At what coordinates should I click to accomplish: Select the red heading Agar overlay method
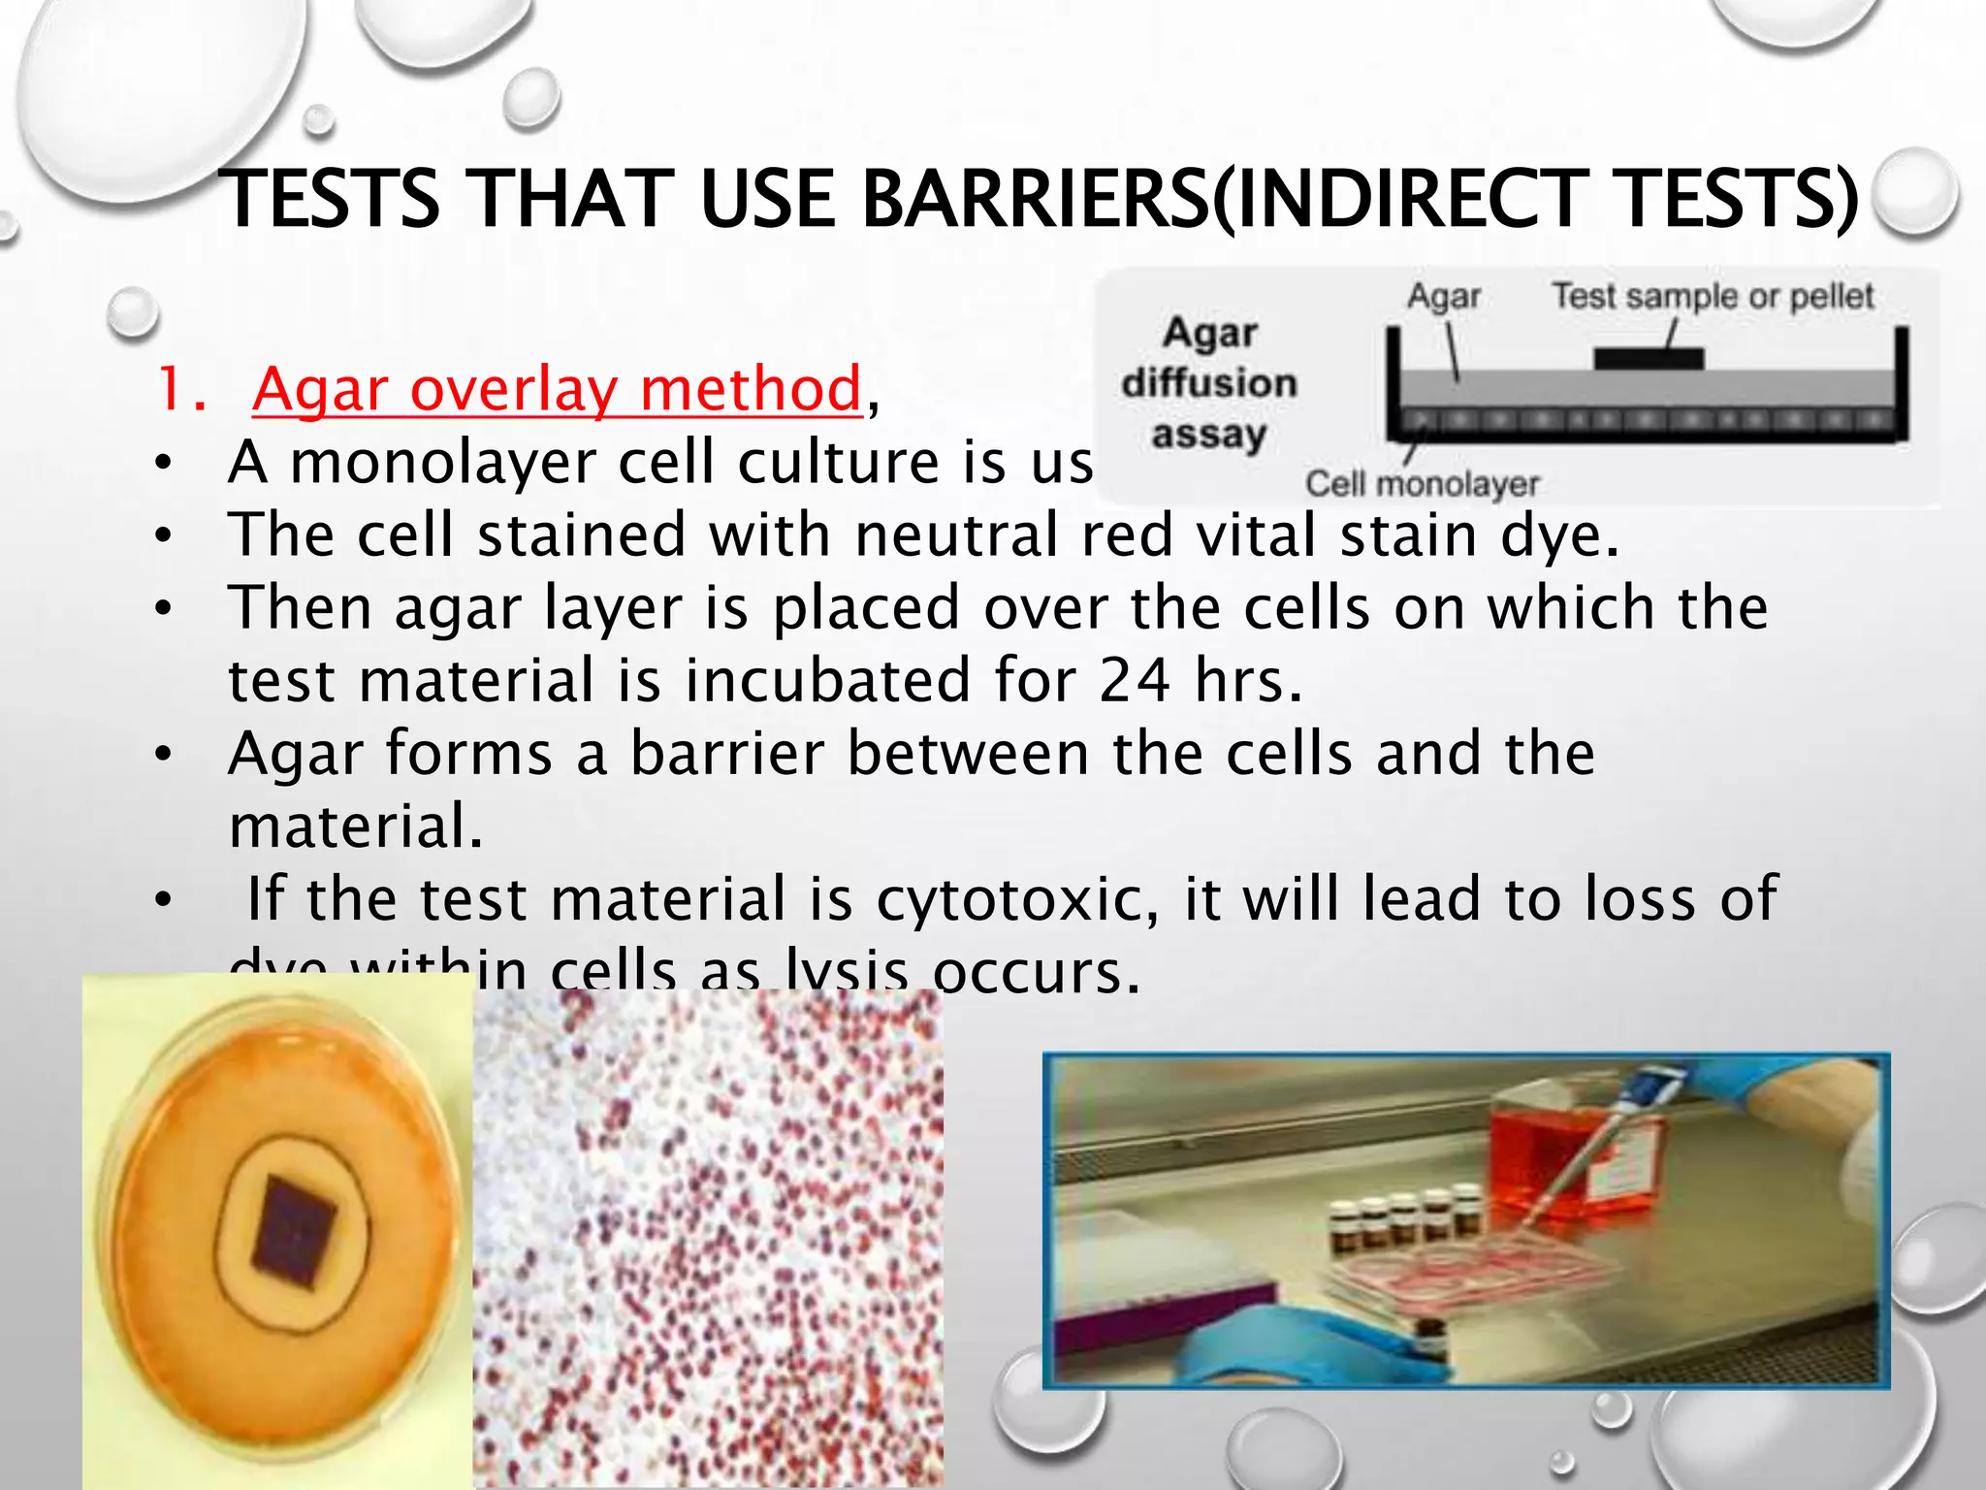click(x=557, y=389)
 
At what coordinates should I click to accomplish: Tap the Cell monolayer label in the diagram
click(x=1422, y=483)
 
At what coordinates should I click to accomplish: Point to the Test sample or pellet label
click(x=1713, y=296)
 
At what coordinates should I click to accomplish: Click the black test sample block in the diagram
click(x=1649, y=358)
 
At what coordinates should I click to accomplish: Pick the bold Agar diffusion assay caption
click(x=1209, y=383)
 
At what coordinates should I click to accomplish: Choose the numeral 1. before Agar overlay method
click(x=182, y=389)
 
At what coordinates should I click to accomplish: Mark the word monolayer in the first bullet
click(x=443, y=462)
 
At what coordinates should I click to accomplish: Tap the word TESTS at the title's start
click(x=330, y=200)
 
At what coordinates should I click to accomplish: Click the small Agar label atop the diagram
click(x=1443, y=296)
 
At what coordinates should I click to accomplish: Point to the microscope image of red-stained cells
click(x=708, y=1242)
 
